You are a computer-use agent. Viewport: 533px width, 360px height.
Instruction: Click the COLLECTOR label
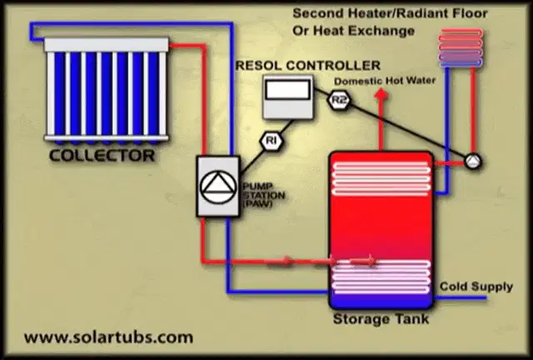102,155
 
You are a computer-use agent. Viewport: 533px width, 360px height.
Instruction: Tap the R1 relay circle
271,140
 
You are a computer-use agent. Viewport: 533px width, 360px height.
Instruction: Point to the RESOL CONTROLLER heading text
307,64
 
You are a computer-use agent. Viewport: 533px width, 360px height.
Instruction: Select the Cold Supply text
476,287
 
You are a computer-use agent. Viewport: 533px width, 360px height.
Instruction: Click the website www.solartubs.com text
108,337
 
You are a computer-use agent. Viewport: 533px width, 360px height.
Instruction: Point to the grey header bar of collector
107,43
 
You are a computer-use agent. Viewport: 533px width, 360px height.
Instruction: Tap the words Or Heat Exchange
352,32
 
